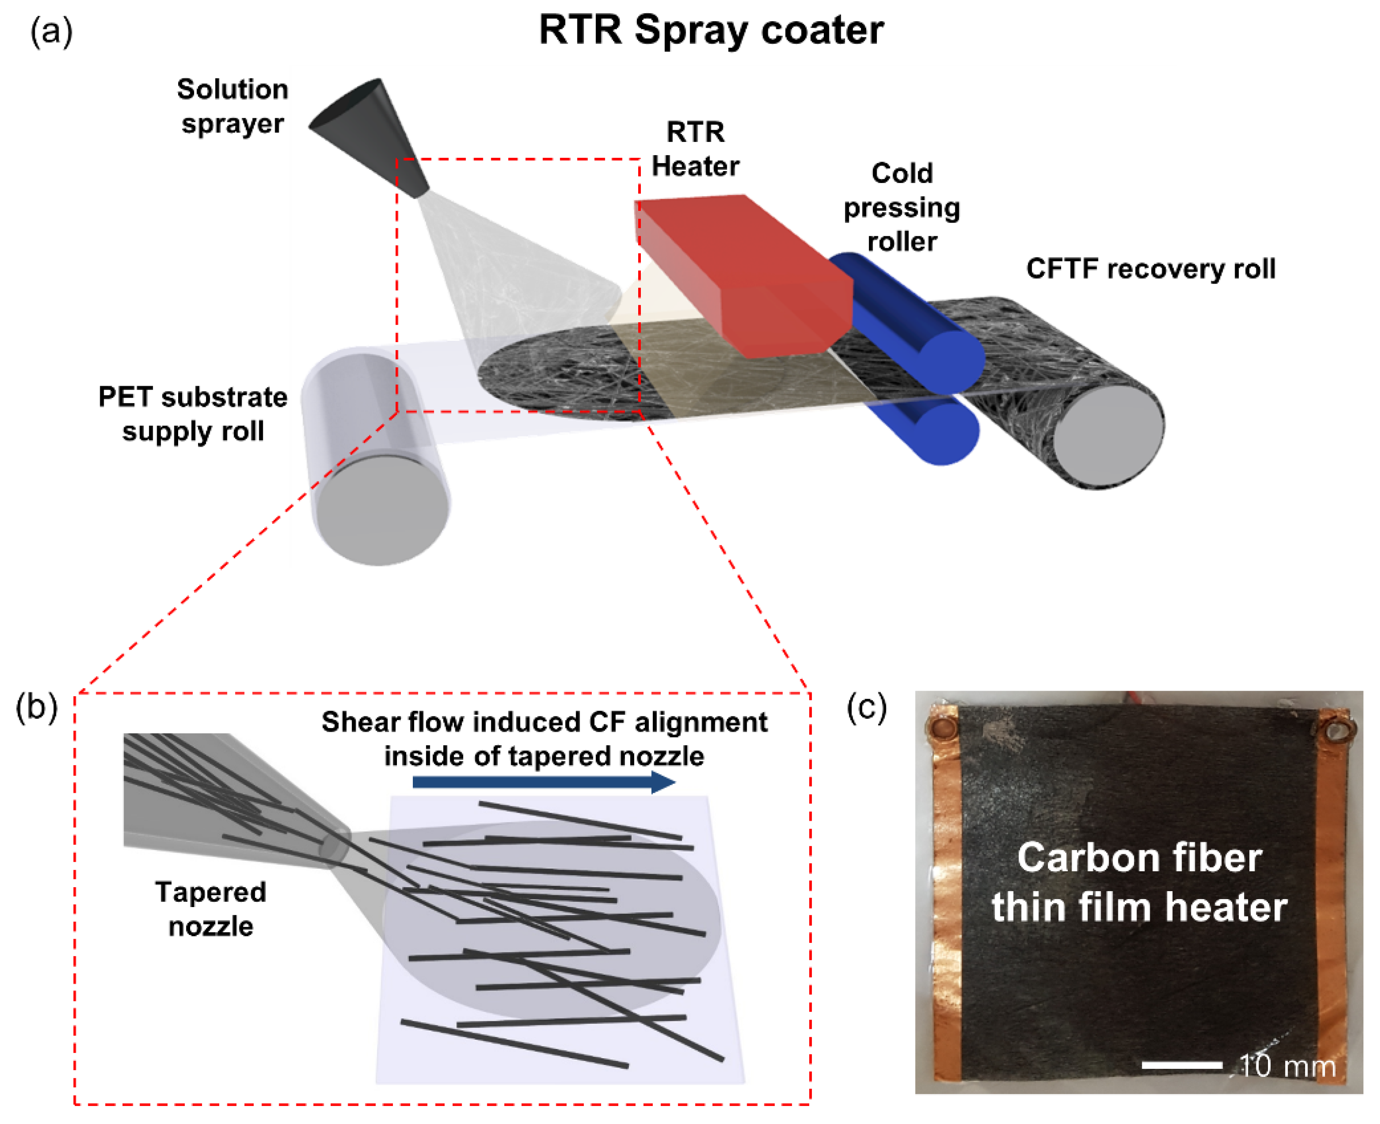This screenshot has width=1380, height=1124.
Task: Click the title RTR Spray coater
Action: tap(711, 30)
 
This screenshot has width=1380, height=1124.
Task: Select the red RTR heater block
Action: tap(745, 272)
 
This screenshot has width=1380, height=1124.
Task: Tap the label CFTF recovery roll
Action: tap(1150, 269)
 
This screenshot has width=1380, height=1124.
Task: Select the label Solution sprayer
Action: tap(232, 105)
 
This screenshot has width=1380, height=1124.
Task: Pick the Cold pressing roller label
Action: tap(901, 207)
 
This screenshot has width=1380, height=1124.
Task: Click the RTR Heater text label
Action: tap(695, 149)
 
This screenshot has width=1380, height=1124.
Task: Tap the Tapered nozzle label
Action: tap(210, 908)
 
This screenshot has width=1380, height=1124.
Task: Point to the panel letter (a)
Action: tap(51, 31)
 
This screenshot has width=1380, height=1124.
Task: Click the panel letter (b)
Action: tap(36, 707)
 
